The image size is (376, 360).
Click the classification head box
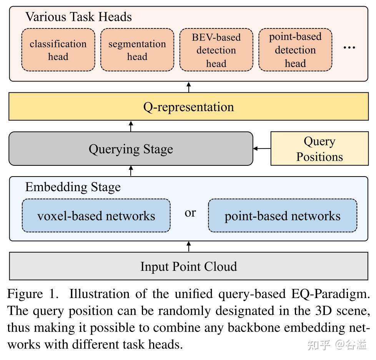pyautogui.click(x=58, y=50)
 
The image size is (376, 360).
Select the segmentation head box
pyautogui.click(x=137, y=50)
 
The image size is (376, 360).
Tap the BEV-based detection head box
pyautogui.click(x=216, y=50)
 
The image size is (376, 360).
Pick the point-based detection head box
pyautogui.click(x=295, y=50)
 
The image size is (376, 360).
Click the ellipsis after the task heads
pyautogui.click(x=349, y=47)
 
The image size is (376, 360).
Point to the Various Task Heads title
pyautogui.click(x=78, y=17)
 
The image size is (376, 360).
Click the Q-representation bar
pyautogui.click(x=188, y=107)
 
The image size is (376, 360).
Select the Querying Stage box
pyautogui.click(x=131, y=149)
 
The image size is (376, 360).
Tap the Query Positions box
pyautogui.click(x=319, y=149)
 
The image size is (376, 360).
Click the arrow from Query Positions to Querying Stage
pyautogui.click(x=262, y=148)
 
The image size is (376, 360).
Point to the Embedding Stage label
pyautogui.click(x=73, y=187)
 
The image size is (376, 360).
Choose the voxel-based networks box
pyautogui.click(x=96, y=215)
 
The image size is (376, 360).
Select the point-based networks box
pyautogui.click(x=283, y=215)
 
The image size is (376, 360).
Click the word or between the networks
pyautogui.click(x=190, y=212)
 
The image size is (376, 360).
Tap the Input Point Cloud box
pyautogui.click(x=188, y=266)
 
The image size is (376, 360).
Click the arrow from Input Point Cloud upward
pyautogui.click(x=188, y=247)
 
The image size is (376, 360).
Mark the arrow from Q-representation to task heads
pyautogui.click(x=188, y=87)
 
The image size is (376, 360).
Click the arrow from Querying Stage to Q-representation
pyautogui.click(x=131, y=126)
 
